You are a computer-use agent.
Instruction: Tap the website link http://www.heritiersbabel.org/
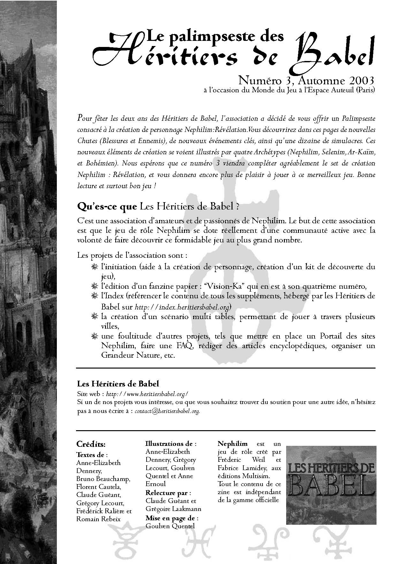(147, 394)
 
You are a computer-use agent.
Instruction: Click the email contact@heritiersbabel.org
(168, 411)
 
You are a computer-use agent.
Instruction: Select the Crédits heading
(91, 444)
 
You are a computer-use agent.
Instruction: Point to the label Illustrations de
(171, 444)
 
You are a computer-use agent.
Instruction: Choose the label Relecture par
(168, 493)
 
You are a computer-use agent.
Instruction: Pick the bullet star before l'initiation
(94, 267)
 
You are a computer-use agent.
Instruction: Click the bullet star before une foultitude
(94, 336)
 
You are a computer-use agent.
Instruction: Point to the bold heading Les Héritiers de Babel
(118, 384)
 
